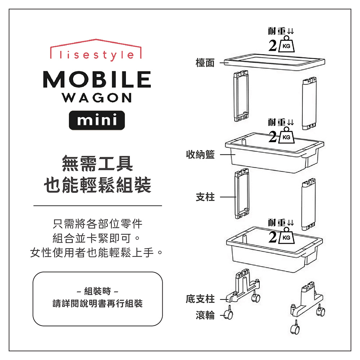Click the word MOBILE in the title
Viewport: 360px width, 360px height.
pyautogui.click(x=96, y=79)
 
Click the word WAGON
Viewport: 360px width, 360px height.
pyautogui.click(x=97, y=98)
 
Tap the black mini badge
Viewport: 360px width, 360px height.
pyautogui.click(x=97, y=120)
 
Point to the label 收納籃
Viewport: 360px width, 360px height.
pyautogui.click(x=200, y=155)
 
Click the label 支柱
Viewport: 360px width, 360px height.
pyautogui.click(x=205, y=197)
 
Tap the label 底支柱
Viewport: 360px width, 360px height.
pyautogui.click(x=200, y=299)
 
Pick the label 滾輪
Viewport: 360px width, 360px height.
pyautogui.click(x=205, y=315)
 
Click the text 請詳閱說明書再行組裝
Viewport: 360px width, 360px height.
pyautogui.click(x=98, y=303)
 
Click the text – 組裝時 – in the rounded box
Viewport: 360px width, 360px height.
pyautogui.click(x=98, y=291)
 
